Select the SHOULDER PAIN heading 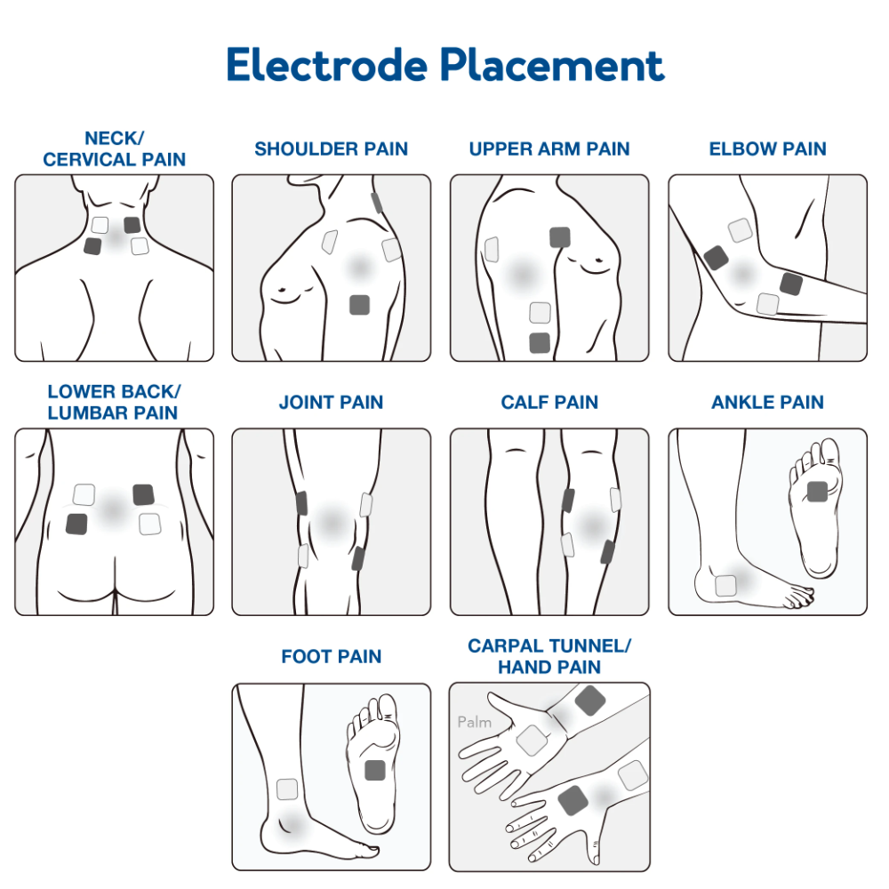click(x=331, y=149)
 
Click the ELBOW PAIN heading click(x=767, y=149)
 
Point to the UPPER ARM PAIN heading click(x=549, y=149)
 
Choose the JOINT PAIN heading click(x=331, y=403)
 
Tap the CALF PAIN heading click(x=549, y=403)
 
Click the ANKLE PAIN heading click(x=767, y=403)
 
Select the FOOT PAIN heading click(x=331, y=657)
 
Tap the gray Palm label click(x=474, y=722)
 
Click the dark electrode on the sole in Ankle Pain click(x=817, y=490)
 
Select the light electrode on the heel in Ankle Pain click(x=725, y=585)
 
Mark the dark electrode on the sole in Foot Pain click(x=375, y=769)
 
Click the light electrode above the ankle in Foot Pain click(x=287, y=789)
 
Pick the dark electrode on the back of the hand click(x=572, y=800)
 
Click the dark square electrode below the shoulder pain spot click(x=359, y=304)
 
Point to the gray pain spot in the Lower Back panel click(x=112, y=509)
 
